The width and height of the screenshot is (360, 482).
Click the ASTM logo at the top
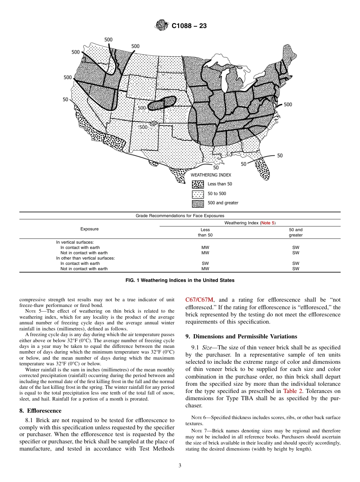[x=162, y=26]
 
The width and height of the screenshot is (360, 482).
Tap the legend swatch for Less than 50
[x=198, y=184]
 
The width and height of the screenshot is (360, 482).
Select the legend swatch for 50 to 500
[x=198, y=194]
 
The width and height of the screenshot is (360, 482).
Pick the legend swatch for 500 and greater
[x=198, y=203]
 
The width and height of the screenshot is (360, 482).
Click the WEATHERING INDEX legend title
[x=211, y=175]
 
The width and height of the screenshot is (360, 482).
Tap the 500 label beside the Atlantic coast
[x=288, y=105]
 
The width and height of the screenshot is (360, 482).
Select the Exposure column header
[x=89, y=229]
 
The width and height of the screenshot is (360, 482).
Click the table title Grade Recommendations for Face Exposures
[x=180, y=216]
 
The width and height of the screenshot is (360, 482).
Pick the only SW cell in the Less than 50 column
[x=205, y=263]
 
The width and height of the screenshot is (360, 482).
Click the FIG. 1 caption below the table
[x=180, y=280]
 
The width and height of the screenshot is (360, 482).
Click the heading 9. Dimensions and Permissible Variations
[x=241, y=336]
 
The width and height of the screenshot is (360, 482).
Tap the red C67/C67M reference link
[x=199, y=300]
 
